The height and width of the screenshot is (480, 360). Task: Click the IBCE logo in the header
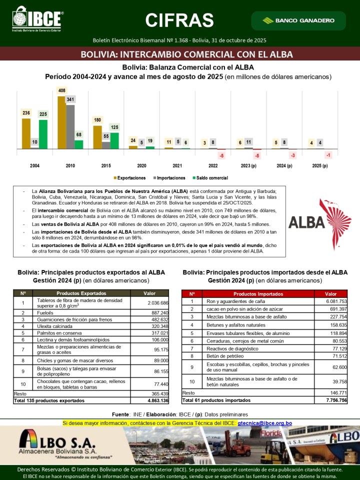pyautogui.click(x=37, y=19)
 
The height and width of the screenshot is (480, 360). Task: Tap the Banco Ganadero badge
pyautogui.click(x=298, y=20)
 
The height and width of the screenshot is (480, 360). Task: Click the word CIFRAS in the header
pyautogui.click(x=179, y=20)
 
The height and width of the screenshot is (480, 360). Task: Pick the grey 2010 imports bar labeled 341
pyautogui.click(x=70, y=126)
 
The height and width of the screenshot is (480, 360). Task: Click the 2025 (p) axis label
pyautogui.click(x=320, y=165)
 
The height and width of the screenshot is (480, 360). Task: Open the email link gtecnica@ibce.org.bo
pyautogui.click(x=265, y=423)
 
